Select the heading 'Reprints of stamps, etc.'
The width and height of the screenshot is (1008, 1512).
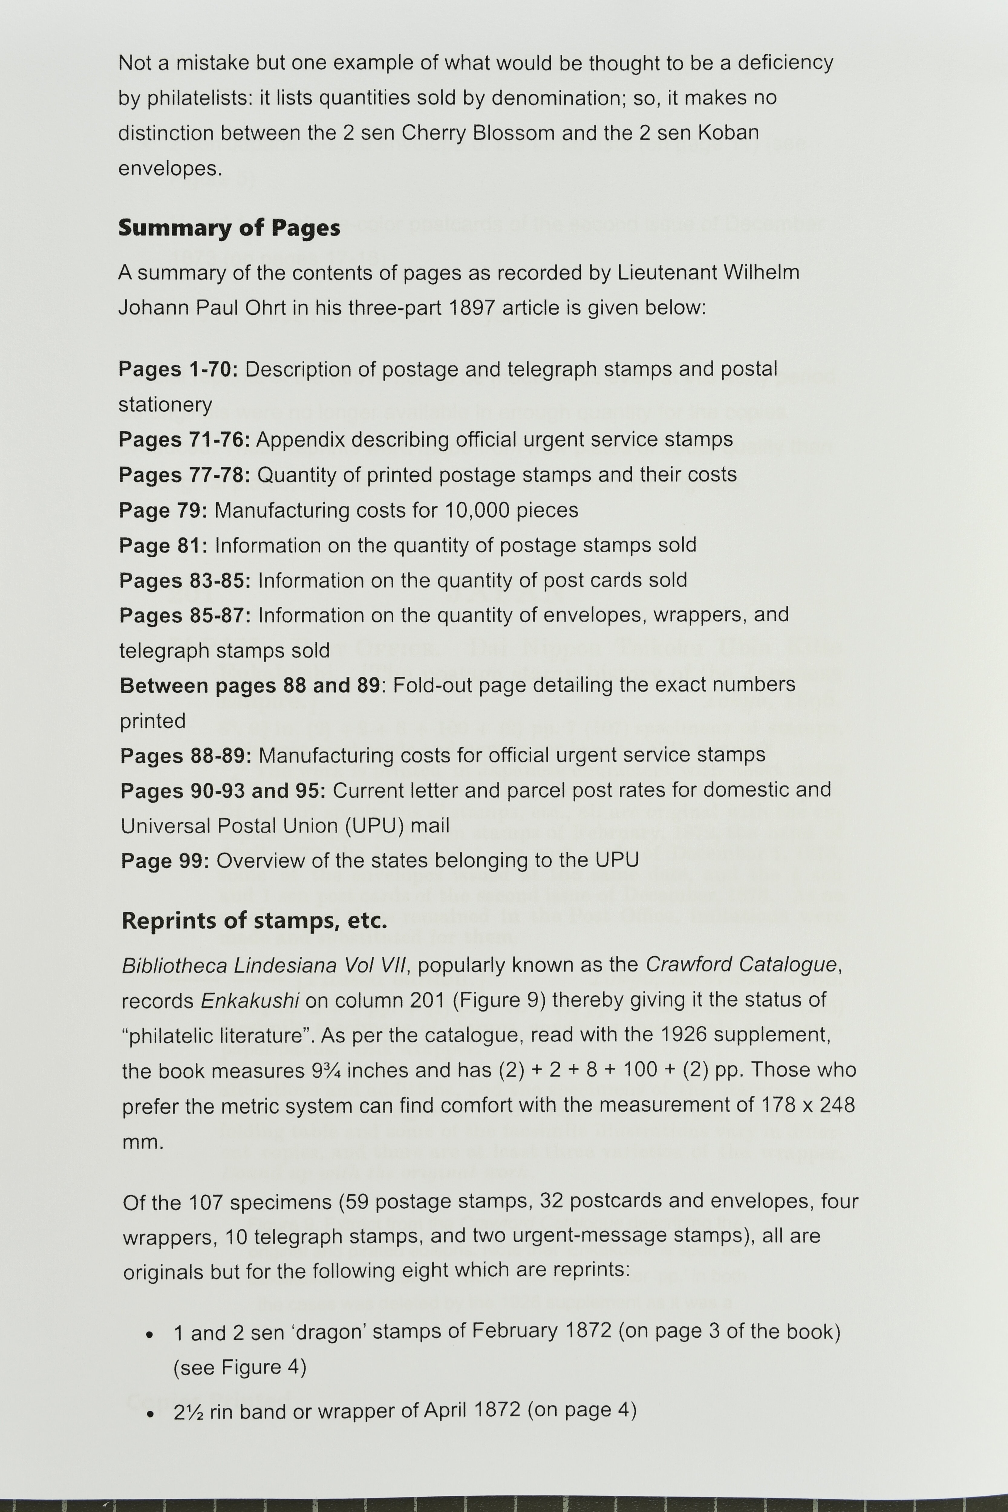tap(255, 921)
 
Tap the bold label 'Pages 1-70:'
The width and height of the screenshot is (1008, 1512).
tap(178, 370)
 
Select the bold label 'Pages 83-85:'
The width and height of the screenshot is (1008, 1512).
tap(184, 581)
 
